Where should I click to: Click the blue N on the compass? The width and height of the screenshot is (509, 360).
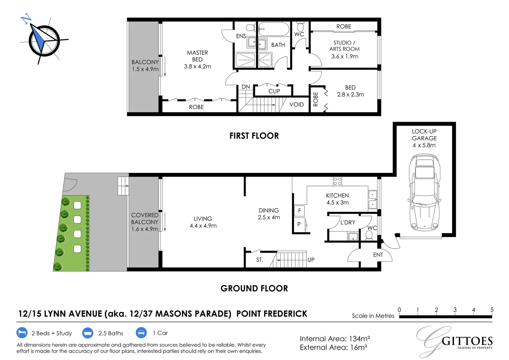pos(26,18)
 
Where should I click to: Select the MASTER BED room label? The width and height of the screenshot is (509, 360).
pos(197,56)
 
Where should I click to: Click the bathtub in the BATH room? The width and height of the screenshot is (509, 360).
pos(274,29)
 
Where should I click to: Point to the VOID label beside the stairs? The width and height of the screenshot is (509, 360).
pos(296,104)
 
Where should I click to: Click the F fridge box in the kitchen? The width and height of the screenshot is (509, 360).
pos(299,211)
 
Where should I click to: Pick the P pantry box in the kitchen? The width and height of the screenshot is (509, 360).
pos(299,224)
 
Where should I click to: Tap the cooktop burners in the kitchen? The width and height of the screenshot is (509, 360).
pos(337,181)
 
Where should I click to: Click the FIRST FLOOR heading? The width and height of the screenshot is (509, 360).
pos(254,136)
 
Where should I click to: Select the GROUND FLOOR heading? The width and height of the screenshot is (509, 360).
pos(254,288)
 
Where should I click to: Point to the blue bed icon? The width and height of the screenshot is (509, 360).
pos(22,333)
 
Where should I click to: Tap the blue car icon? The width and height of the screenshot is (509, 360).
pos(141,333)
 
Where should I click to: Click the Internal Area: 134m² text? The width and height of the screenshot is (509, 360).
pos(335,339)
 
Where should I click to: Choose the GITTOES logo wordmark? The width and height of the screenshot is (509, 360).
pos(467,341)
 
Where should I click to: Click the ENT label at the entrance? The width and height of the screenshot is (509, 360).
pos(378,255)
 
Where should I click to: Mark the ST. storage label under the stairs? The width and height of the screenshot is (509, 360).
pos(259,260)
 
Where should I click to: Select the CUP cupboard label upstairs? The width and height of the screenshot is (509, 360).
pos(274,91)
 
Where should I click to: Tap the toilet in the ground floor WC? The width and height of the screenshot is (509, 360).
pos(369,235)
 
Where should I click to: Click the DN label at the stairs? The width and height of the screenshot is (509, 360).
pos(246,87)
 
